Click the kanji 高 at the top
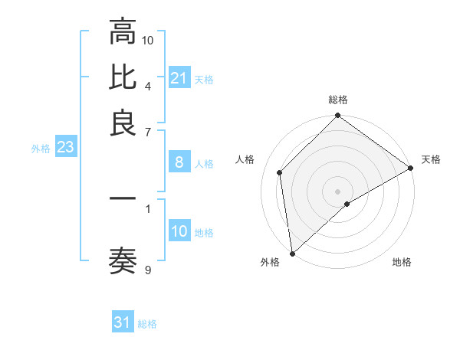[x=123, y=32]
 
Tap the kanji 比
[x=123, y=77]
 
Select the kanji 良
[x=123, y=123]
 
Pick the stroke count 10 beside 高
[x=148, y=40]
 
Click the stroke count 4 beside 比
[x=148, y=85]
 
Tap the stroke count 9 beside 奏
[x=148, y=270]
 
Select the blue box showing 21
[x=179, y=78]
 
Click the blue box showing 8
[x=179, y=162]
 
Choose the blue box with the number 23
[x=65, y=148]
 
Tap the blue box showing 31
[x=123, y=322]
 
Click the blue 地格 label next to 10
[x=204, y=233]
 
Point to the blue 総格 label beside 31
[x=147, y=324]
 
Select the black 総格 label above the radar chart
[x=337, y=100]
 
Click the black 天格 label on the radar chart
[x=431, y=159]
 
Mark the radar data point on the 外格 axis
[x=292, y=254]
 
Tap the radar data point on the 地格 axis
[x=347, y=204]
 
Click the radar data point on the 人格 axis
[x=280, y=172]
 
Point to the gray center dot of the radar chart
[x=337, y=191]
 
